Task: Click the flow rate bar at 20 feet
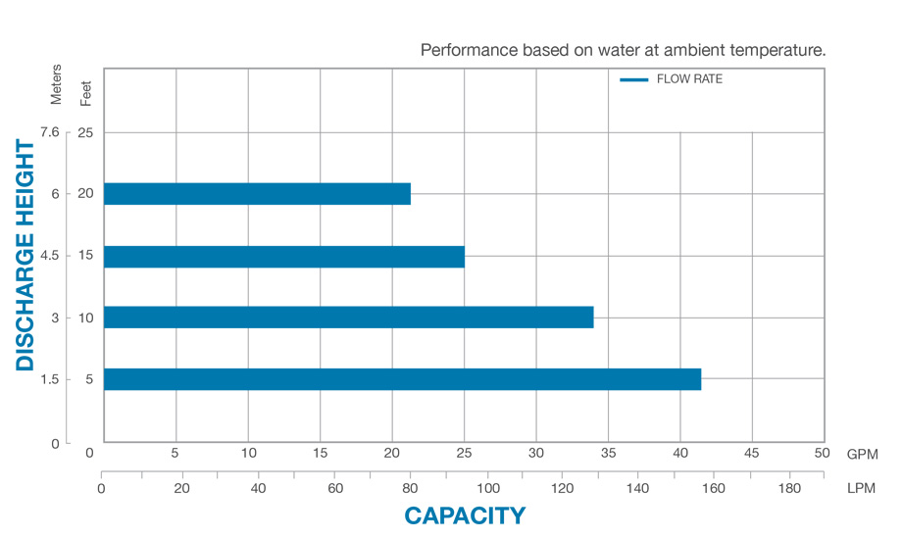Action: point(257,194)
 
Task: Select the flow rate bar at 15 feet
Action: point(284,256)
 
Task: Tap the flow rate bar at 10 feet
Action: point(348,318)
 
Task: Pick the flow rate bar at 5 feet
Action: point(402,379)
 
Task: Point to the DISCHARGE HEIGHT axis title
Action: point(25,256)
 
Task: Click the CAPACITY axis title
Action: point(465,515)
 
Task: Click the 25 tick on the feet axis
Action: point(84,132)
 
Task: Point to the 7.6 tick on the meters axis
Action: point(51,132)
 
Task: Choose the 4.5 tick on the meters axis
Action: point(51,256)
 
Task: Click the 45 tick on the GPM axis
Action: point(752,453)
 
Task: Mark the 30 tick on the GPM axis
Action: point(535,453)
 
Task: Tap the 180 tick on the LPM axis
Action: point(787,488)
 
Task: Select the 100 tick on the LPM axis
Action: point(487,488)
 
